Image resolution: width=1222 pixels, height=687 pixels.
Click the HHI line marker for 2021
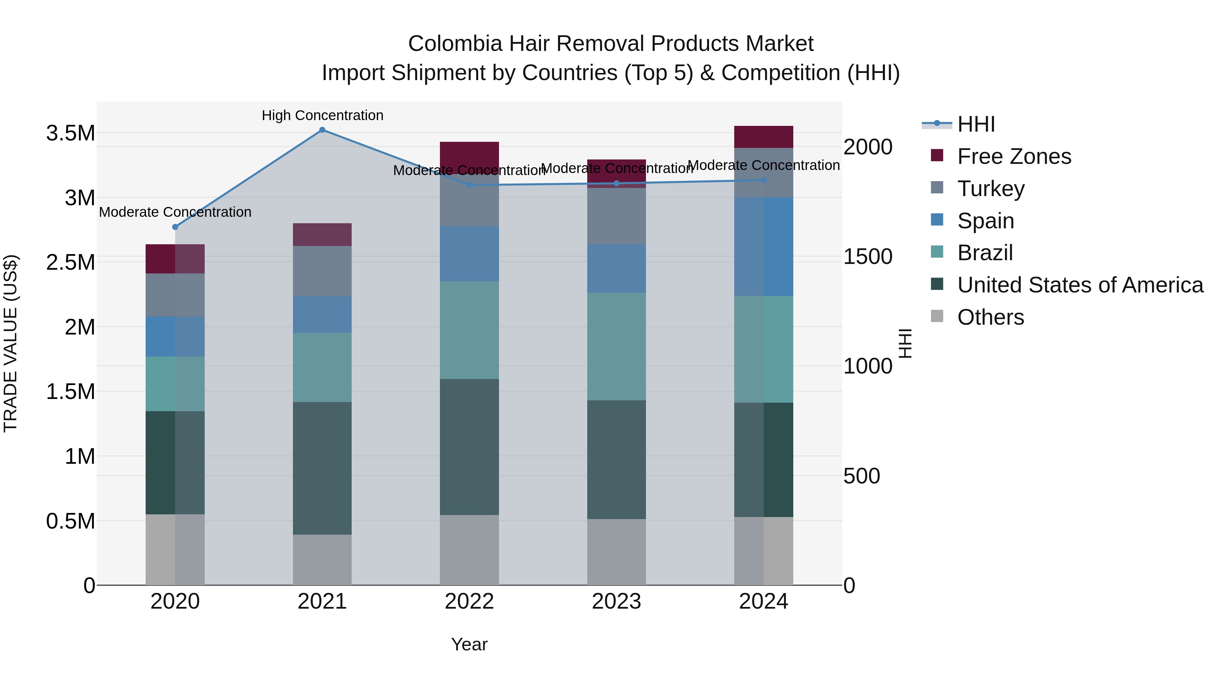click(322, 130)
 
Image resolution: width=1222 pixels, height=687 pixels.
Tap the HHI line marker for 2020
click(175, 227)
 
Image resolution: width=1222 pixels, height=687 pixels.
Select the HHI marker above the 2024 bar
click(764, 180)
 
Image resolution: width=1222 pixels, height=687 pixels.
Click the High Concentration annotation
click(322, 116)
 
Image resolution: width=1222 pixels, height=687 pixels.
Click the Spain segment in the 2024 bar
click(764, 247)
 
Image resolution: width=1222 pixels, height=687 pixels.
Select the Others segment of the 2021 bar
click(322, 559)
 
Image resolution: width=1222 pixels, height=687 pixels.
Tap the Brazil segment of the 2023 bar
click(616, 346)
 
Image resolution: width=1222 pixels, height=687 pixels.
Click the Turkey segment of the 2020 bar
click(175, 295)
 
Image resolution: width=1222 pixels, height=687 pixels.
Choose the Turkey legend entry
click(990, 189)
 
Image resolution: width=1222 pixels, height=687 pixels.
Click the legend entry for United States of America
click(1080, 285)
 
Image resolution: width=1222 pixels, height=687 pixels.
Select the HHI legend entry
click(976, 124)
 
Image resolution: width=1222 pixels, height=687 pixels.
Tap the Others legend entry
click(990, 317)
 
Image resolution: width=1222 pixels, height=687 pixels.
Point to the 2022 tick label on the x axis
click(469, 602)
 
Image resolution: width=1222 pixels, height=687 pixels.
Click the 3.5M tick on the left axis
click(71, 133)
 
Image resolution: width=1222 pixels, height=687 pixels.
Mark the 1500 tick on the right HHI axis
click(868, 256)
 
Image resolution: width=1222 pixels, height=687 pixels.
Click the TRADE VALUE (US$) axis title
click(11, 343)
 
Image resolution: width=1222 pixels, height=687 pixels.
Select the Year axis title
click(469, 644)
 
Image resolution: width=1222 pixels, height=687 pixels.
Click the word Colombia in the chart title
click(455, 44)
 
